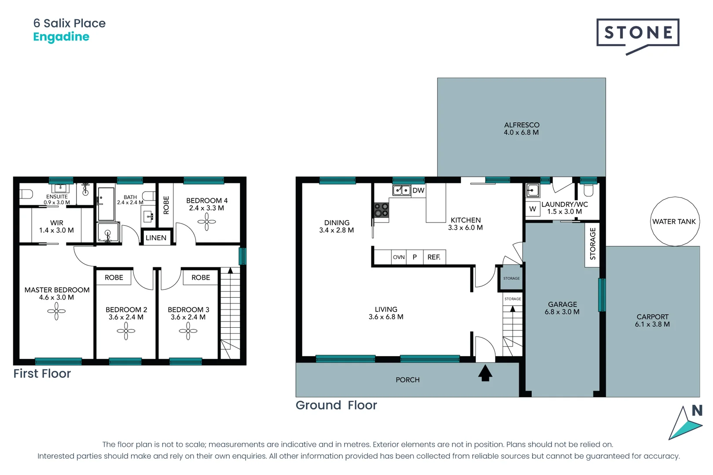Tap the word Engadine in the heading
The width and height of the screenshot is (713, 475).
click(x=61, y=37)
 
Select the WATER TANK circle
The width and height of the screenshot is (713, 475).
click(x=674, y=222)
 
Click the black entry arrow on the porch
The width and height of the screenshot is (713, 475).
click(x=485, y=373)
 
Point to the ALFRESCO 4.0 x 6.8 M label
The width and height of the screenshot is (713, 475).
click(x=521, y=129)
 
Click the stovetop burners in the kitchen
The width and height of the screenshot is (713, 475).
click(x=381, y=210)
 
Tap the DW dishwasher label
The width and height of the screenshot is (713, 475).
click(x=418, y=190)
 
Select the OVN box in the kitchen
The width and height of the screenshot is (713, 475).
click(x=399, y=257)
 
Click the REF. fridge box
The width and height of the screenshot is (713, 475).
click(x=434, y=257)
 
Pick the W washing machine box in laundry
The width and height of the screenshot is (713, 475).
click(x=533, y=209)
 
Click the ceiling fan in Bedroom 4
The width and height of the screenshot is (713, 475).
click(x=206, y=222)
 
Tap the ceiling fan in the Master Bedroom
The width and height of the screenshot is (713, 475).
click(x=56, y=311)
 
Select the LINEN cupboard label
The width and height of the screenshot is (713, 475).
click(x=156, y=238)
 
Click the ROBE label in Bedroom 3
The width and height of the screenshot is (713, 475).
click(x=201, y=278)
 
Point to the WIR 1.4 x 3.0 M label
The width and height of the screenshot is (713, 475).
click(x=56, y=227)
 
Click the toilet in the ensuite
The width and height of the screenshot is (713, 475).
click(x=26, y=194)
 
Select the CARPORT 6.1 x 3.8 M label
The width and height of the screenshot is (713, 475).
click(x=652, y=321)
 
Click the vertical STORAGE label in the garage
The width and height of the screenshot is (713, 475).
click(x=592, y=243)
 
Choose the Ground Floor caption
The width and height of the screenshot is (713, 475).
click(x=336, y=406)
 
